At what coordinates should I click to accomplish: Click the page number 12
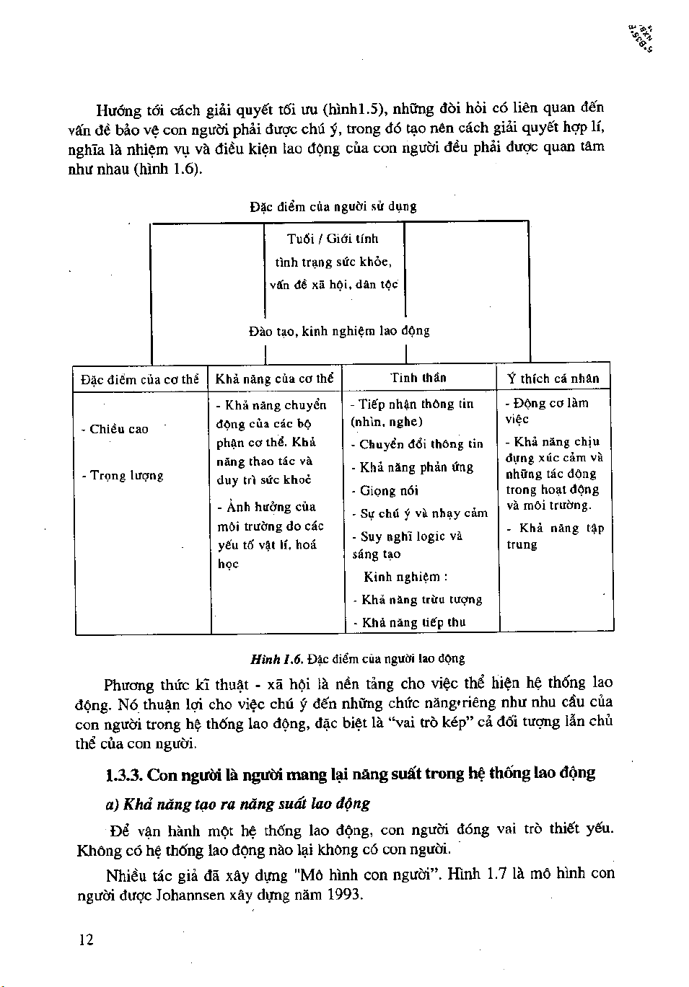click(x=87, y=939)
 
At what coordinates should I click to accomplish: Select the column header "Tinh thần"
click(x=418, y=378)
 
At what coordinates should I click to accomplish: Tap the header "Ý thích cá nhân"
click(x=553, y=379)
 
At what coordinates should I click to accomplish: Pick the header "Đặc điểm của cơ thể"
click(x=140, y=379)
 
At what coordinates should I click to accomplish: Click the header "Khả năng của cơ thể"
click(x=275, y=379)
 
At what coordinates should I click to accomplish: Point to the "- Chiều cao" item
click(x=115, y=429)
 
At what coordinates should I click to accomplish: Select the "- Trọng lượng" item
click(x=123, y=476)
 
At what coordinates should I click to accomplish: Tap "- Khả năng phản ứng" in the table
click(x=412, y=467)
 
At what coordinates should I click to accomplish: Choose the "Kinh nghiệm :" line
click(x=405, y=577)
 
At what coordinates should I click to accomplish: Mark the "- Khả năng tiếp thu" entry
click(x=409, y=622)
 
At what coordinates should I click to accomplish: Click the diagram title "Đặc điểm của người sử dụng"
click(x=333, y=206)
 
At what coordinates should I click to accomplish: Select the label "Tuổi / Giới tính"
click(x=333, y=239)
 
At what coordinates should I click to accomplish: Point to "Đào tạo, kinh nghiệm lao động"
click(x=339, y=331)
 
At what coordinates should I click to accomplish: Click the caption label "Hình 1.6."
click(x=276, y=658)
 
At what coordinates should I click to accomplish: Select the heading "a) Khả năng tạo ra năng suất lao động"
click(x=237, y=803)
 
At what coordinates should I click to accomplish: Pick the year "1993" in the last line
click(x=343, y=896)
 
